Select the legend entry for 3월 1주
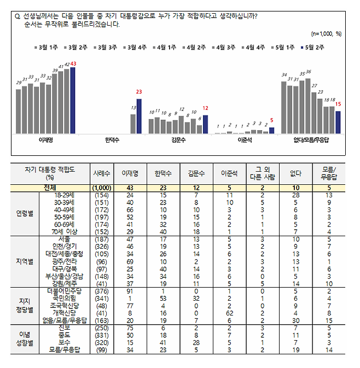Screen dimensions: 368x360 point(45,48)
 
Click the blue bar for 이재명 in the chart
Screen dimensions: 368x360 point(73,101)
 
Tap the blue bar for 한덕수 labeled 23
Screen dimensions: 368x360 point(138,116)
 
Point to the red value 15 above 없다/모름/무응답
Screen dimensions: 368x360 point(338,104)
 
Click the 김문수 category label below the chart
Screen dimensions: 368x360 point(179,141)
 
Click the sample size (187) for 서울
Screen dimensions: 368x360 point(103,238)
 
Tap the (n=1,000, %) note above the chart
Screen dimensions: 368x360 point(326,34)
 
